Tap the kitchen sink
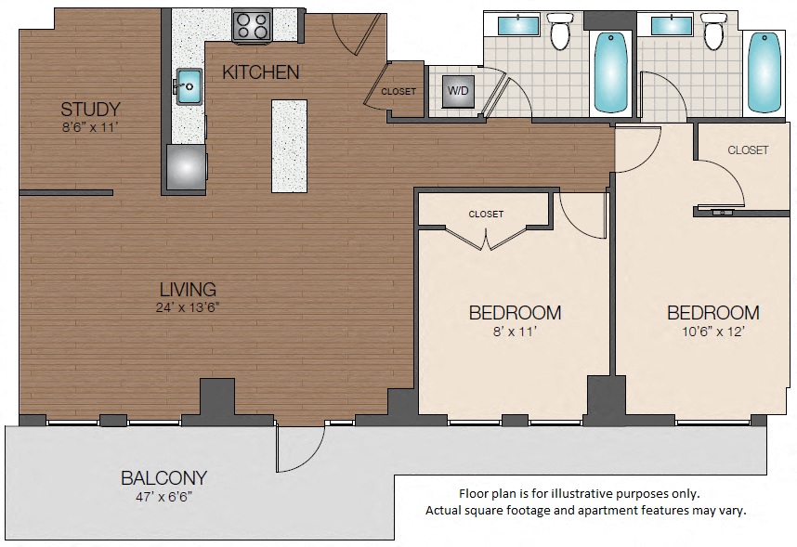[x=189, y=85]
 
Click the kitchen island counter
[x=289, y=146]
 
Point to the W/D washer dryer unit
[x=458, y=91]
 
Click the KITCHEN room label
[x=260, y=72]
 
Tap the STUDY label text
[x=89, y=108]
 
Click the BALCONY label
[x=163, y=478]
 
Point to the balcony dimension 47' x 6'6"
[x=163, y=498]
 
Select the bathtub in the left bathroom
[x=610, y=72]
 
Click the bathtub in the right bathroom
[x=764, y=72]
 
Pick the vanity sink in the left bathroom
[x=519, y=25]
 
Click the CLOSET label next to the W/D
[x=398, y=91]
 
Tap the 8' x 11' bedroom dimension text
[x=514, y=331]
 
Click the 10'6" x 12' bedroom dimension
[x=712, y=331]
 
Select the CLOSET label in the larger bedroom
[x=748, y=150]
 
